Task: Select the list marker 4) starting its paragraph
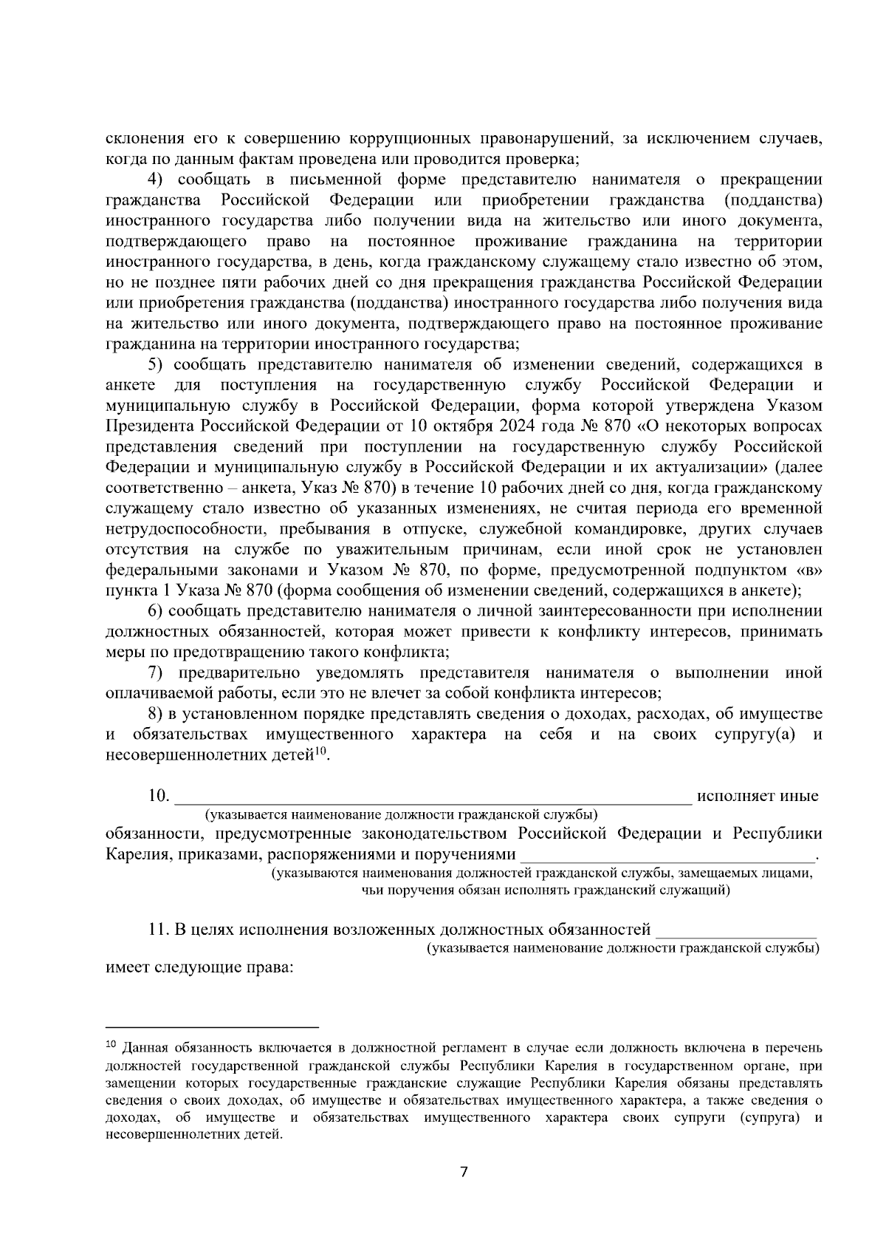pos(156,180)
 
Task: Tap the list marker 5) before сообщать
pos(156,364)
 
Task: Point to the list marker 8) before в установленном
pos(156,714)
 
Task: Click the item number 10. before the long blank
pos(159,796)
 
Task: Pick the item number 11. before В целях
pos(159,929)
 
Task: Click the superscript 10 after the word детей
pos(320,752)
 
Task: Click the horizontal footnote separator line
pos(212,1027)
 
